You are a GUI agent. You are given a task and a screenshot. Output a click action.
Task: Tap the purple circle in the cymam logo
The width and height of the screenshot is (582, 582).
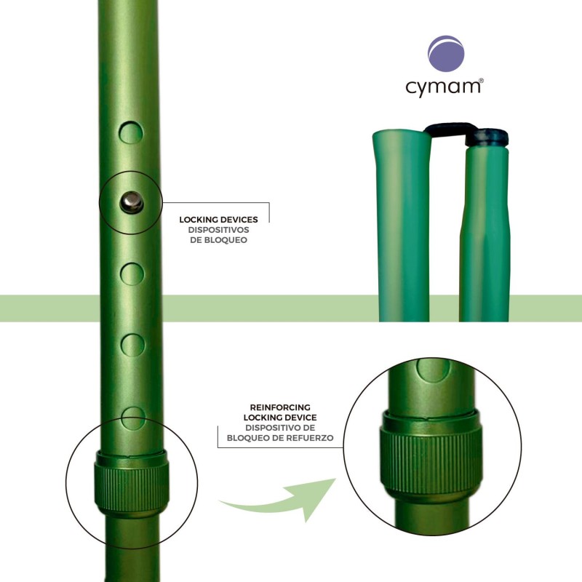click(444, 55)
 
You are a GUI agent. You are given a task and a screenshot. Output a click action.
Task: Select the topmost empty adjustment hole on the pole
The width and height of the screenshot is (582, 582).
click(132, 132)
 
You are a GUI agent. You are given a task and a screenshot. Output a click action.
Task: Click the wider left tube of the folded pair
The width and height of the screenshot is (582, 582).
click(401, 226)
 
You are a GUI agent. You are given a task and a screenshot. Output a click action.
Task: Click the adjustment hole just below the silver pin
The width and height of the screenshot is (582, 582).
click(132, 274)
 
